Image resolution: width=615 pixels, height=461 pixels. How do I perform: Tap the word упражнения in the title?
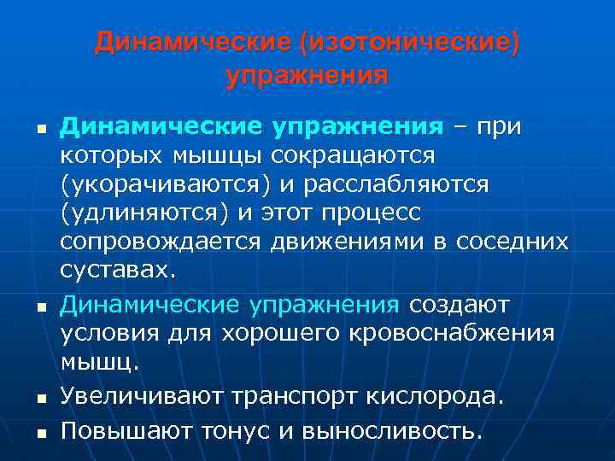point(307,75)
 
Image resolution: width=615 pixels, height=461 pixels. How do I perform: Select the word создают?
point(460,305)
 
